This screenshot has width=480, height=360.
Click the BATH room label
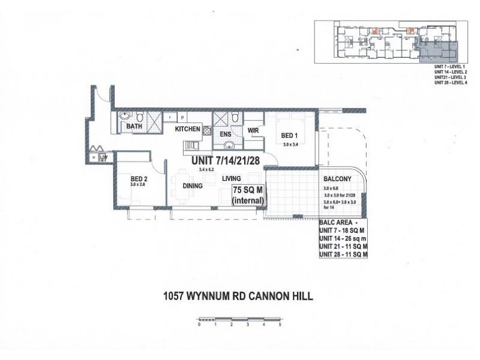[x=133, y=127]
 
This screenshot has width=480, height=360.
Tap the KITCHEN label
[x=187, y=129]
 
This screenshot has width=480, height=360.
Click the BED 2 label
[x=140, y=178]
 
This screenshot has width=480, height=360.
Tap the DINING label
[x=193, y=186]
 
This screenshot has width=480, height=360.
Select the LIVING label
[x=231, y=179]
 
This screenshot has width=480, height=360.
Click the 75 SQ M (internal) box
[x=248, y=197]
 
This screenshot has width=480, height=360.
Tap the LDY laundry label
[x=103, y=157]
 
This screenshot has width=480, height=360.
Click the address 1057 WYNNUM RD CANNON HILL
[x=238, y=295]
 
